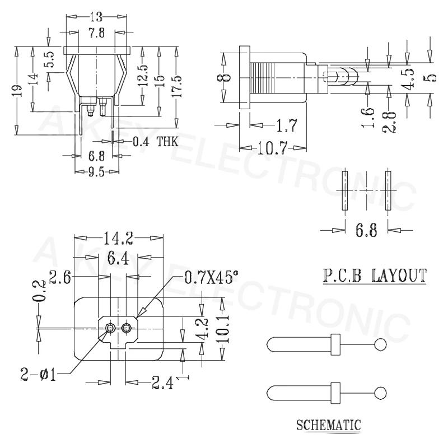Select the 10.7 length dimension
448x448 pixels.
coord(272,148)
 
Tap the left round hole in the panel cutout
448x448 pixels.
coord(111,328)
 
